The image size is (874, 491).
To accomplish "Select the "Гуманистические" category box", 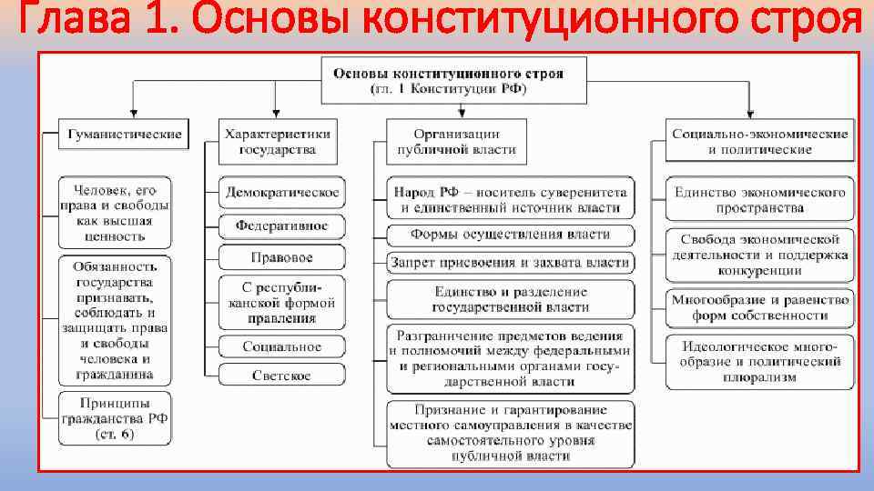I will click(124, 135).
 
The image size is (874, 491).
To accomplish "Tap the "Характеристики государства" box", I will click(278, 141).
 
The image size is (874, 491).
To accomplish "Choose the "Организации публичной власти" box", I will click(456, 141).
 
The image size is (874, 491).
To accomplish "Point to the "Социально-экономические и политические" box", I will click(759, 141).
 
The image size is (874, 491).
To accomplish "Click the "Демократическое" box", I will click(281, 193).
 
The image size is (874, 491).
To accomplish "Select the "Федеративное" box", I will click(281, 225).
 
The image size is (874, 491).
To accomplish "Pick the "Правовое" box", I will click(281, 257).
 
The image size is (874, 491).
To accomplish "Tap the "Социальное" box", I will click(281, 346).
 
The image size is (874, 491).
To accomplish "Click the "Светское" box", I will click(281, 375).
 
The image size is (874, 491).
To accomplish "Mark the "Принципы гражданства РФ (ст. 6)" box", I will click(115, 418).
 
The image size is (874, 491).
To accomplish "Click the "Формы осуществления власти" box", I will click(510, 235).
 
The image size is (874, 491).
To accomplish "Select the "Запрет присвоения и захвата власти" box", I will click(510, 264).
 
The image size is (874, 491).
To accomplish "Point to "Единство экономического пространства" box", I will click(759, 199).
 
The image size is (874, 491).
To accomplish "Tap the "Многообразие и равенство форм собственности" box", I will click(759, 306).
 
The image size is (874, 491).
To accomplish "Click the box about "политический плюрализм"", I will click(759, 361).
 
